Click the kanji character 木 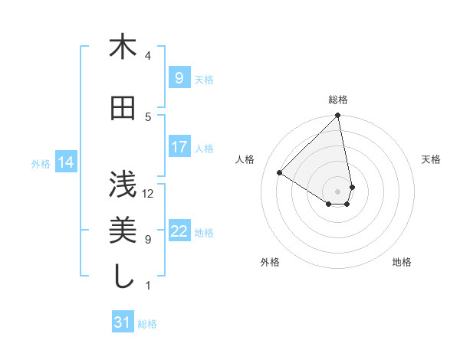pyautogui.click(x=123, y=47)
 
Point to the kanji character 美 pyautogui.click(x=123, y=229)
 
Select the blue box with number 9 pyautogui.click(x=179, y=77)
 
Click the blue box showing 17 pyautogui.click(x=179, y=146)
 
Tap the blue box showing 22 pyautogui.click(x=179, y=231)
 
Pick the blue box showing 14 pyautogui.click(x=66, y=162)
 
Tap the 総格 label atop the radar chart pyautogui.click(x=338, y=100)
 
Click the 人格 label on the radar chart pyautogui.click(x=245, y=159)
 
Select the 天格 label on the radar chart pyautogui.click(x=431, y=159)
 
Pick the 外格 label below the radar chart pyautogui.click(x=270, y=262)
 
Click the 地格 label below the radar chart pyautogui.click(x=402, y=262)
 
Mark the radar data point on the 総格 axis pyautogui.click(x=338, y=116)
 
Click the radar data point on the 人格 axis pyautogui.click(x=280, y=173)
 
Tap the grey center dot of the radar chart pyautogui.click(x=338, y=191)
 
